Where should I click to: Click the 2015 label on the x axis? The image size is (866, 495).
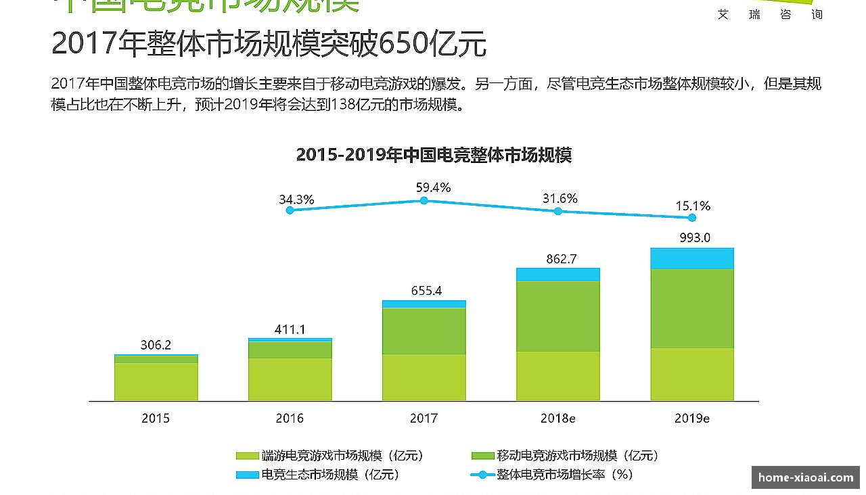(x=156, y=419)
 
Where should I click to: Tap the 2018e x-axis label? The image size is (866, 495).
(x=557, y=419)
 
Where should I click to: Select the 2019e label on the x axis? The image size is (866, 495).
(x=691, y=419)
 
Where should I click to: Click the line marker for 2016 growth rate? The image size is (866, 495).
(x=290, y=210)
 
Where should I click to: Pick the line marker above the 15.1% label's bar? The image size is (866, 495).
(x=692, y=218)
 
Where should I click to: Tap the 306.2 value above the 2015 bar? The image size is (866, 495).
(x=156, y=345)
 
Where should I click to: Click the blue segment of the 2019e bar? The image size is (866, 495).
(x=692, y=258)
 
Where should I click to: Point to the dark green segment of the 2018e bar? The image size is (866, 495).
(x=558, y=316)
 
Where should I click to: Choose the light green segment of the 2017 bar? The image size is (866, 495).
(x=424, y=377)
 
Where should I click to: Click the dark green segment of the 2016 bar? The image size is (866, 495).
(x=290, y=350)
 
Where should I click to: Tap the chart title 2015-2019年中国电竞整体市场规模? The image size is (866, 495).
(x=434, y=155)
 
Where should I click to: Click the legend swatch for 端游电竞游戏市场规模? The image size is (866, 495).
(x=247, y=456)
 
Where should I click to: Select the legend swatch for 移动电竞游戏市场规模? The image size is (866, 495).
(x=482, y=456)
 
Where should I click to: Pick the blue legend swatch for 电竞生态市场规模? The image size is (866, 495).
(x=247, y=475)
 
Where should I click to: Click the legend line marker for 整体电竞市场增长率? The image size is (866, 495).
(x=482, y=475)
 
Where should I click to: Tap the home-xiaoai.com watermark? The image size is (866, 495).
(x=806, y=477)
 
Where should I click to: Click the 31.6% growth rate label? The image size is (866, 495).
(x=560, y=198)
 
